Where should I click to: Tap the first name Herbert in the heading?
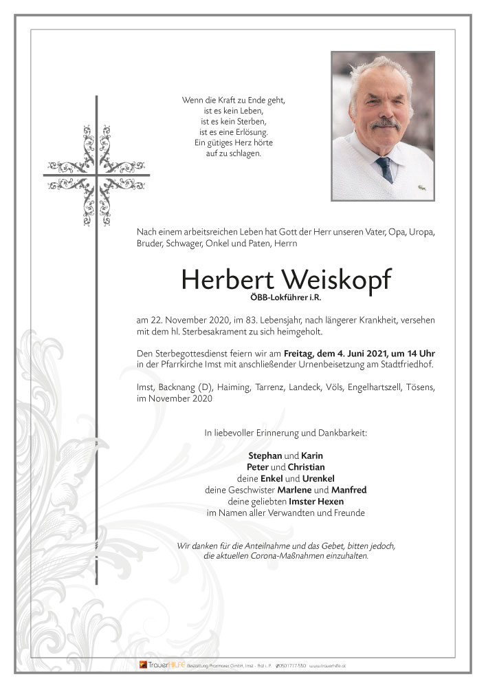223,279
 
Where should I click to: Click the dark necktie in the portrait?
384,168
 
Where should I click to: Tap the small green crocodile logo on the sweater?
420,186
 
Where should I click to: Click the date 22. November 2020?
181,321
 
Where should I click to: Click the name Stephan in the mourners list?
264,455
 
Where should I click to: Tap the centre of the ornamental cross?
97,175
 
